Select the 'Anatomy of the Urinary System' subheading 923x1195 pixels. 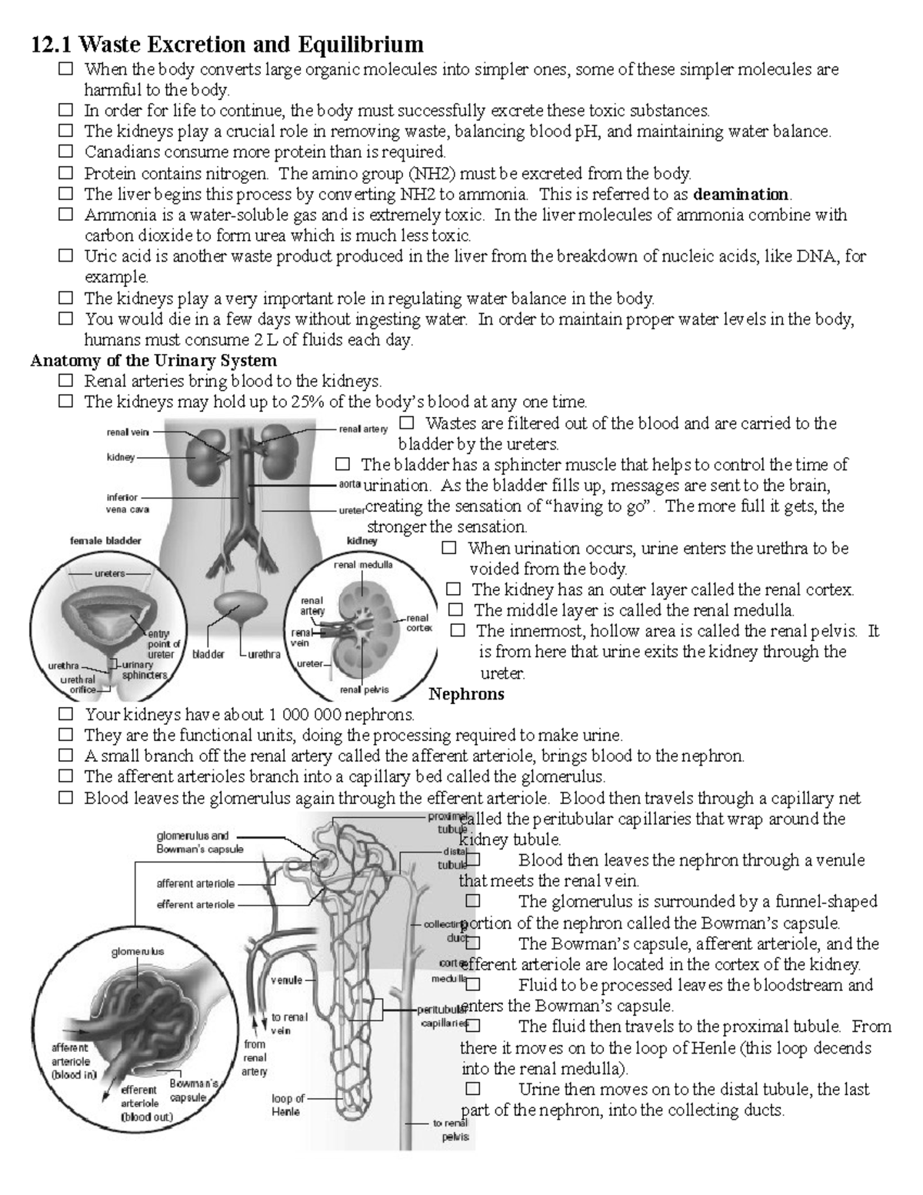(x=153, y=360)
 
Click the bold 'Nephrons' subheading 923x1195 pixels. (x=466, y=694)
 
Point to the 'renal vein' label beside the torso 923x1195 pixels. (x=128, y=432)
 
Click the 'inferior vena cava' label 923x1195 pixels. (x=128, y=503)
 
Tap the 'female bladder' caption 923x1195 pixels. (x=105, y=541)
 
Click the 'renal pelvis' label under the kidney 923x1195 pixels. (x=364, y=689)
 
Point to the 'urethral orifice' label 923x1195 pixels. (x=78, y=685)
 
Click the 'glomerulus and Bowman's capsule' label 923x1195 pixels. (x=199, y=843)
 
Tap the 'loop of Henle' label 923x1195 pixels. (x=288, y=1105)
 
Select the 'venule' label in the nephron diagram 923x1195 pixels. (x=286, y=980)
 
